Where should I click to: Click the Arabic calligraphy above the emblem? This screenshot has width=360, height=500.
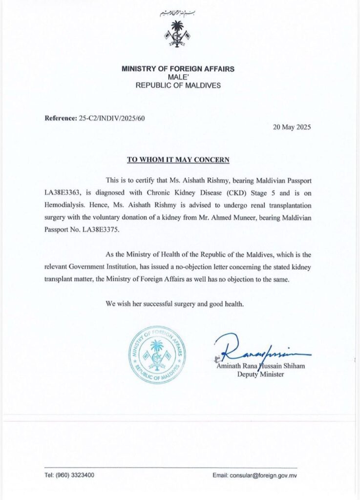[x=178, y=14]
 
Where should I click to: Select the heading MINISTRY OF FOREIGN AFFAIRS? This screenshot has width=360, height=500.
[x=178, y=69]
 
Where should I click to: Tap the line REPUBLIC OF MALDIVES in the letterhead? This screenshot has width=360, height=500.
[x=178, y=85]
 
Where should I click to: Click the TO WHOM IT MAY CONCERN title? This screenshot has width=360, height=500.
[x=178, y=160]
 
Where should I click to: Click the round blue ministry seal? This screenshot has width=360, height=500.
[x=157, y=354]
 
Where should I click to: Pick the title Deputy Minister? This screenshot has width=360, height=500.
[x=259, y=375]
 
